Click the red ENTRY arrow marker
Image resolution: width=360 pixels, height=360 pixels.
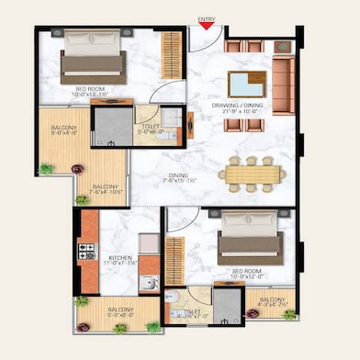(207, 26)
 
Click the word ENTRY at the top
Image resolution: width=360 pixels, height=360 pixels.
(207, 17)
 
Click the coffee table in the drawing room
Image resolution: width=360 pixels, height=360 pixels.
(246, 84)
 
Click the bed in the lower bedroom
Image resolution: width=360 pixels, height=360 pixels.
(251, 237)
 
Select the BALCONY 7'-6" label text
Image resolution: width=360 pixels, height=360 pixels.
(104, 189)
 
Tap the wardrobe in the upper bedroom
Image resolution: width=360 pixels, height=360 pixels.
(171, 54)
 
